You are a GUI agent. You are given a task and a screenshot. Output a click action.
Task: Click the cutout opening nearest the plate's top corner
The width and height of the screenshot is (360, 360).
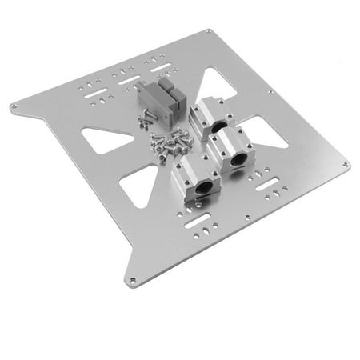(214, 82)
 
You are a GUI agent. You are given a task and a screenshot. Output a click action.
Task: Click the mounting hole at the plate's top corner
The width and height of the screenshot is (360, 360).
(209, 31)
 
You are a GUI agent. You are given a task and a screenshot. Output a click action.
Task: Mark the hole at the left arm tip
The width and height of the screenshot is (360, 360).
(14, 105)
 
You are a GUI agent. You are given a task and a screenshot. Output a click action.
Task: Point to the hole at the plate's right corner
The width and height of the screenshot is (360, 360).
(346, 166)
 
